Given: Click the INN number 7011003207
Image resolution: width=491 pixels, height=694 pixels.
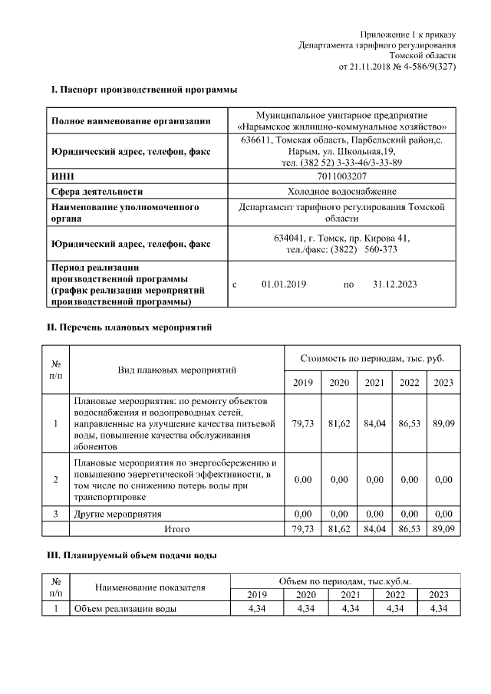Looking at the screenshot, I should (x=341, y=176).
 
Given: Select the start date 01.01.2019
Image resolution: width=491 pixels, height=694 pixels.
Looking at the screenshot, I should (x=283, y=284).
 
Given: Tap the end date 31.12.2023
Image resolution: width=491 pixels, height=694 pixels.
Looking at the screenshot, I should (x=394, y=284).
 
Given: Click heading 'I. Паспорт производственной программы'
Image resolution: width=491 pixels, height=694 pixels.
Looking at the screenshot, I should (x=143, y=90).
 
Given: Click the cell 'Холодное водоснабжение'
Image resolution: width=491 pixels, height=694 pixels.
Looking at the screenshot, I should (x=341, y=191).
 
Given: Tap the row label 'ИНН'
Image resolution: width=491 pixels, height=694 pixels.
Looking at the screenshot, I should (x=62, y=176).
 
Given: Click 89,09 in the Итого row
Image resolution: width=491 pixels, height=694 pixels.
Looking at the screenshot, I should (x=443, y=529).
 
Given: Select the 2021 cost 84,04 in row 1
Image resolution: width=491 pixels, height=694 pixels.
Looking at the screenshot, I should (x=374, y=423).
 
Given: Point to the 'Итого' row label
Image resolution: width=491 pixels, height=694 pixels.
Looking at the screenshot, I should (x=176, y=529).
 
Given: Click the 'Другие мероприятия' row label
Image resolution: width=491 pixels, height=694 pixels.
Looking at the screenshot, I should (x=117, y=514).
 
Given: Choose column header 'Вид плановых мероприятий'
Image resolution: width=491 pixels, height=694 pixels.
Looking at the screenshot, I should (x=176, y=370).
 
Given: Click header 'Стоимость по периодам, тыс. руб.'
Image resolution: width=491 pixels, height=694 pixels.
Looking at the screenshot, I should (x=371, y=358).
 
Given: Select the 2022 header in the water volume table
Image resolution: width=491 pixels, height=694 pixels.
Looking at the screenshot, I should (x=394, y=594).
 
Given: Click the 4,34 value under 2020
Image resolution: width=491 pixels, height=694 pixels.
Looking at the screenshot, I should (x=306, y=609).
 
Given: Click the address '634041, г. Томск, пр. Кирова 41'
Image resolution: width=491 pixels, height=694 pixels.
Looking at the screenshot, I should (x=341, y=238).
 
